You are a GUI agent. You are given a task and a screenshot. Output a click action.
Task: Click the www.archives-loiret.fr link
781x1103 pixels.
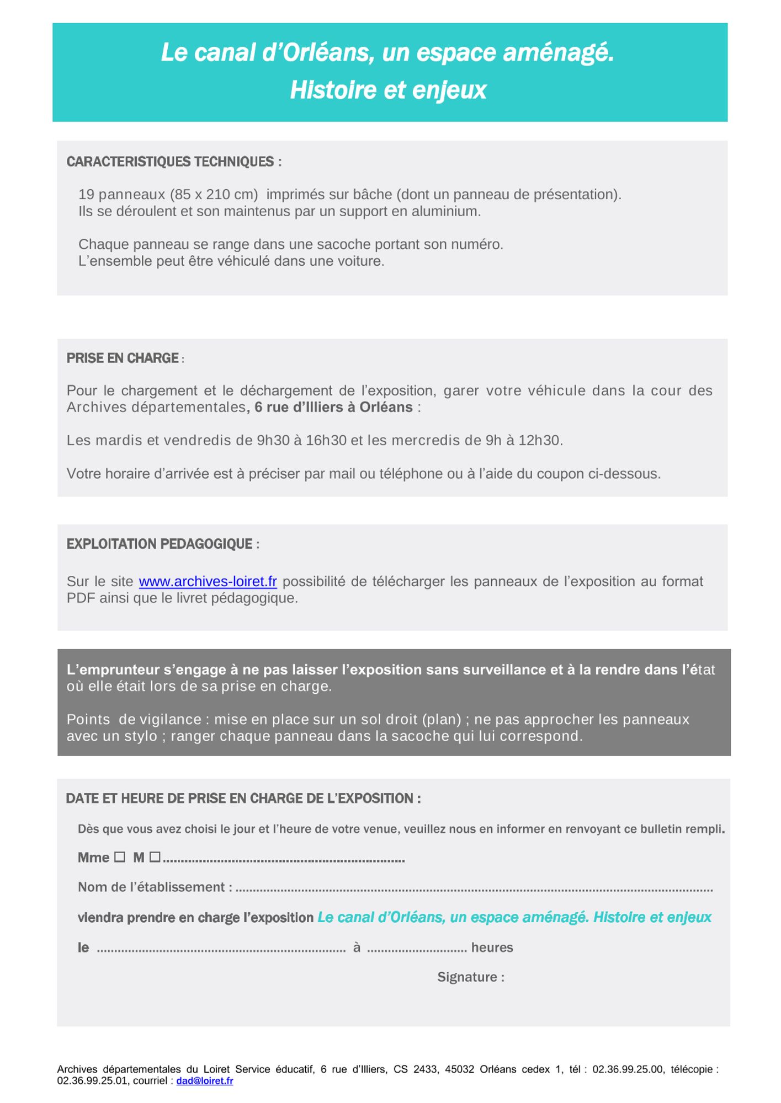pos(208,581)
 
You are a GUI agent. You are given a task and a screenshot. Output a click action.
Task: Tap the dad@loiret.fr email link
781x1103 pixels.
pos(204,1080)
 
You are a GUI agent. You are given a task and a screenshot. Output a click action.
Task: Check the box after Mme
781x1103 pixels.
pos(120,857)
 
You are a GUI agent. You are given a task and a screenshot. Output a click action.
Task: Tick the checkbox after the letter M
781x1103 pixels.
pos(155,857)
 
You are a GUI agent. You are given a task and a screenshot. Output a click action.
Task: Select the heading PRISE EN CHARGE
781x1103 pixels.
pos(123,358)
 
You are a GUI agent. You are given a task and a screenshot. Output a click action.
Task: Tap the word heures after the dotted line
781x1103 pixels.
pos(492,947)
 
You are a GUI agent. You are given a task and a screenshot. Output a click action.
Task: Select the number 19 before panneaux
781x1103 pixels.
pos(87,194)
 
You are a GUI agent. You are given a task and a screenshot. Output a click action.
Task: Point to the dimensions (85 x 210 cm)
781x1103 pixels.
pos(214,194)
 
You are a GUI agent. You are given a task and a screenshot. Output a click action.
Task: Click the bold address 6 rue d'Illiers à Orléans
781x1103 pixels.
pos(333,407)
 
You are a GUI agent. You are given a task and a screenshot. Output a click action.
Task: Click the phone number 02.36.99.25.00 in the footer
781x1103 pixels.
pos(628,1069)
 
